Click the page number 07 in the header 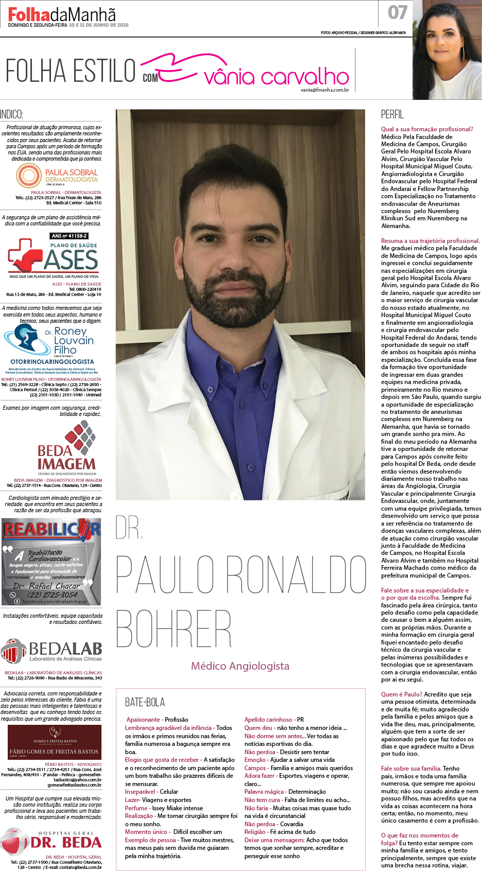[398, 12]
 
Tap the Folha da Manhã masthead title [62, 14]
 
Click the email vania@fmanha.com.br [324, 90]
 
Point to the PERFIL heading [392, 114]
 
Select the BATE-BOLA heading [145, 702]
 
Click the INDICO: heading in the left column [11, 115]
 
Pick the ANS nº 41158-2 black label [69, 236]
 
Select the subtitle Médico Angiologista [240, 666]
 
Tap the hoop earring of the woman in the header [462, 53]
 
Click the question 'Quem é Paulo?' [401, 694]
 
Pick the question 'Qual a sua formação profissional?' [426, 129]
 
